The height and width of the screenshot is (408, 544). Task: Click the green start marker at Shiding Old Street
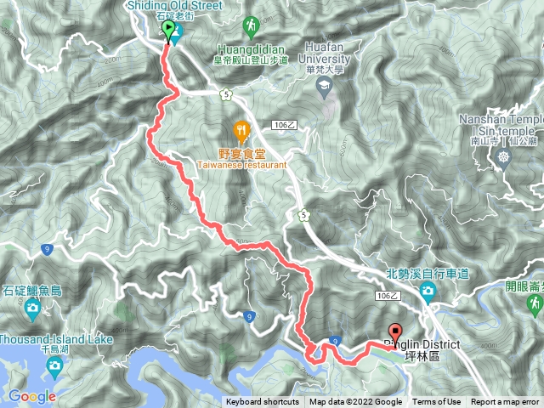tap(168, 31)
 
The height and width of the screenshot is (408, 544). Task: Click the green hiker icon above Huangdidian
tap(251, 26)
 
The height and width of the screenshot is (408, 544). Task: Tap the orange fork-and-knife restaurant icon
tap(241, 130)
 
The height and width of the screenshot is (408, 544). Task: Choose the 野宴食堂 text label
tap(242, 153)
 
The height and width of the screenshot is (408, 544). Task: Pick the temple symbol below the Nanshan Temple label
tap(506, 156)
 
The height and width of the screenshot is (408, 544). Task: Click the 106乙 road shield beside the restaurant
tap(286, 125)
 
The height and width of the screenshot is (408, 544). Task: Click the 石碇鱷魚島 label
tap(32, 291)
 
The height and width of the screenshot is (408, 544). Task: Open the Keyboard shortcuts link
tap(262, 402)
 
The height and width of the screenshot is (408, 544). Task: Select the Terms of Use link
tap(436, 402)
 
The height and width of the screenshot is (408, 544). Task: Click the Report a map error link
tap(505, 402)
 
